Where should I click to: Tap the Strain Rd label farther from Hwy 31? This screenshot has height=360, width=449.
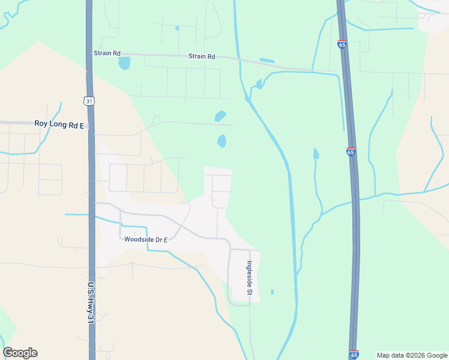pos(202,56)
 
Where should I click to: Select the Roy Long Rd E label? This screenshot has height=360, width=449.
pos(61,124)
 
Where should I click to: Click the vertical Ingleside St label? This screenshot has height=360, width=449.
pos(249,278)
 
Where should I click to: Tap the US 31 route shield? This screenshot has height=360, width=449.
pos(88,101)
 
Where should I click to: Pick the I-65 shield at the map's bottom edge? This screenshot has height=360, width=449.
pos(354,355)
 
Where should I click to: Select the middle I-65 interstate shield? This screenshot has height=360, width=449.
pos(351,152)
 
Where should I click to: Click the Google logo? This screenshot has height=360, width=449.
pos(20,353)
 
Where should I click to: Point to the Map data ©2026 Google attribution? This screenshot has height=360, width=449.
pos(412,355)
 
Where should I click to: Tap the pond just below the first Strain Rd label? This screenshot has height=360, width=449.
pos(124,62)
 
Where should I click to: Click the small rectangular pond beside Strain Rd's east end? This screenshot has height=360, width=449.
pos(267,61)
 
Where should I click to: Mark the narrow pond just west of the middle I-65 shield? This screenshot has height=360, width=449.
pos(316,154)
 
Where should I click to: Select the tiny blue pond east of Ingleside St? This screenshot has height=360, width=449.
pos(272,292)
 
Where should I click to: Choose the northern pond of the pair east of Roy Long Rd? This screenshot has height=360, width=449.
pos(220,115)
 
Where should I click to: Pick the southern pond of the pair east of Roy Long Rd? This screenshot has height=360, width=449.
pos(221,141)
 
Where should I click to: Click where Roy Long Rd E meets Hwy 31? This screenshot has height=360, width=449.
pos(90,125)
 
